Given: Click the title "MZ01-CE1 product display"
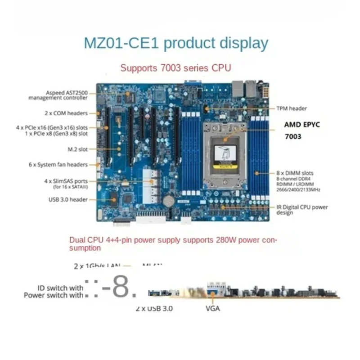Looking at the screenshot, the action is [176, 44].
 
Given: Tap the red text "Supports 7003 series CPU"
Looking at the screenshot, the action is [176, 68].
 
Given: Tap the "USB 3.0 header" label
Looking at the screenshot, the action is [68, 199].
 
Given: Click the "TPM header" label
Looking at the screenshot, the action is [292, 108].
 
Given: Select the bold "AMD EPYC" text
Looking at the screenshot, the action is [302, 125].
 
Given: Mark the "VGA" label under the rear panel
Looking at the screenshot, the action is [212, 309].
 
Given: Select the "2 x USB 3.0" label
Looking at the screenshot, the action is [154, 309].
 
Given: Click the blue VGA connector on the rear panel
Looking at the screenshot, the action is [212, 288].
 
